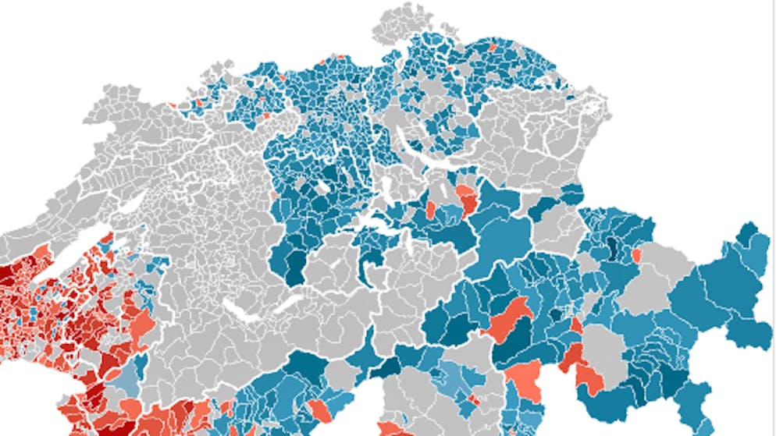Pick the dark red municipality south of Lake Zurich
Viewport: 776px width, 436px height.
468,199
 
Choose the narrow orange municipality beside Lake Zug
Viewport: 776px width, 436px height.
430,210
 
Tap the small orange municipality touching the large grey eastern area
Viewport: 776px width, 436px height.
636,255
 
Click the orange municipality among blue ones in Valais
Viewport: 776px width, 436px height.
319,410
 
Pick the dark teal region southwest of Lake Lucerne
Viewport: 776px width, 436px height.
296,269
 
